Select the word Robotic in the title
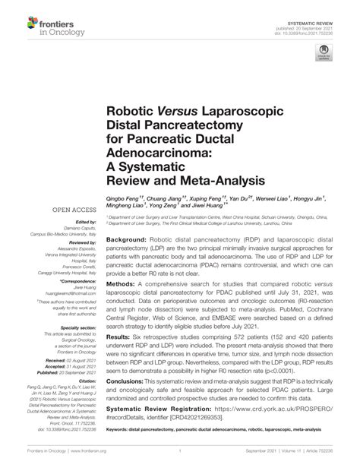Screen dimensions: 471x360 [131, 112]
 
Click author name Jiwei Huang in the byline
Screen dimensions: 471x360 [226, 204]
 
